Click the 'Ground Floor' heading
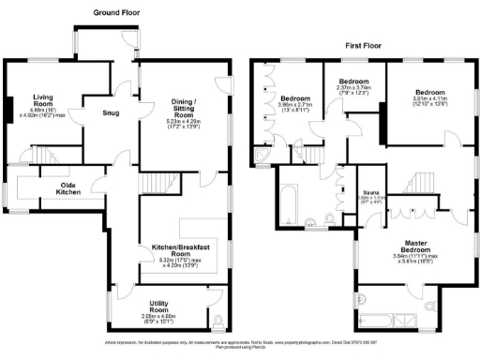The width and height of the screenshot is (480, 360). click(x=116, y=13)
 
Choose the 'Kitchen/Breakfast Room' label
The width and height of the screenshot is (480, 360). click(x=179, y=250)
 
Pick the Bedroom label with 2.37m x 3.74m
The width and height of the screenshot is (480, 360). click(x=353, y=82)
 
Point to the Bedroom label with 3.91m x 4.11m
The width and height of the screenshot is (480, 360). click(x=429, y=93)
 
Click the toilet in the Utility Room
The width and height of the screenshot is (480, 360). click(x=217, y=322)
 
